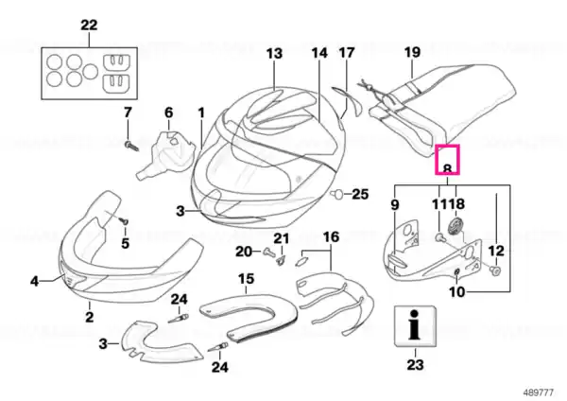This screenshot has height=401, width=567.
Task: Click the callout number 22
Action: click(x=89, y=26)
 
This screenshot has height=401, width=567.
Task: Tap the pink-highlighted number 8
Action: click(x=447, y=168)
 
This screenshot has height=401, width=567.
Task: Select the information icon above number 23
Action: click(x=415, y=326)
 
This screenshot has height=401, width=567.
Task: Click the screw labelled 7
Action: click(x=131, y=146)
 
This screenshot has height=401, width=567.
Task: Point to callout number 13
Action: click(x=274, y=54)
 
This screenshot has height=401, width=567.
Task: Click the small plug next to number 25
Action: click(x=337, y=194)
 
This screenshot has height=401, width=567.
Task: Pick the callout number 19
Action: click(x=413, y=52)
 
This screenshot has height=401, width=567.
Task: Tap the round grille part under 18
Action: click(x=456, y=227)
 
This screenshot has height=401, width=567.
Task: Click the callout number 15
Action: click(x=246, y=279)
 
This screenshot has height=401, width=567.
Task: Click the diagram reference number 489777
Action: click(x=539, y=392)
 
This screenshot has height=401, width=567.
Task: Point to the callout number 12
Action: click(x=496, y=251)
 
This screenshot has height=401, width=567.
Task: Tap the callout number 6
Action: click(x=169, y=113)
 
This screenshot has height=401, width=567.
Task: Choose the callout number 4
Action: click(x=34, y=281)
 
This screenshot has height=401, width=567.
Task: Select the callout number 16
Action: click(x=332, y=237)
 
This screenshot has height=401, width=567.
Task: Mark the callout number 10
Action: click(x=457, y=291)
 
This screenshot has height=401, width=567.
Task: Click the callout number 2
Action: click(x=89, y=317)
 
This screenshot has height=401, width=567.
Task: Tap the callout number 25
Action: click(x=360, y=194)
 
